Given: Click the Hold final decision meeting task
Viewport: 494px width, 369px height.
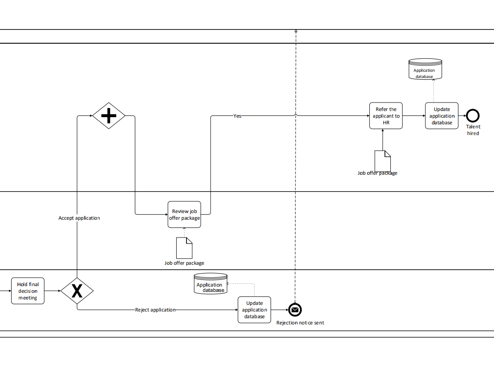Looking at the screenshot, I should [x=28, y=291].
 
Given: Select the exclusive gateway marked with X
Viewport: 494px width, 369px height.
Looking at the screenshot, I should [x=77, y=291].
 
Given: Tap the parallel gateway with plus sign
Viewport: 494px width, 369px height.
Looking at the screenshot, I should [x=109, y=116].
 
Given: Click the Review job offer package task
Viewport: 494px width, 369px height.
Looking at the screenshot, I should [x=184, y=214].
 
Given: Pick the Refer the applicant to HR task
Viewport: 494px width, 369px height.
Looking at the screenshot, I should [x=386, y=116].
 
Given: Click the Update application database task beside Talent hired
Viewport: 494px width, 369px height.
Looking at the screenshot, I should [x=441, y=116].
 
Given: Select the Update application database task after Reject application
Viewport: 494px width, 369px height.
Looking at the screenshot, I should [x=254, y=310].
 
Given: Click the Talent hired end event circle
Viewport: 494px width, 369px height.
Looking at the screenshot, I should [x=473, y=116].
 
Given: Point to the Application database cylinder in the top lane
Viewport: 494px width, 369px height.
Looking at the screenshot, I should [x=425, y=70].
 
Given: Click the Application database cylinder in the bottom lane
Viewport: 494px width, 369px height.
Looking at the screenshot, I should [x=211, y=284].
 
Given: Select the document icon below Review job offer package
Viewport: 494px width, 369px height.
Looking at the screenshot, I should [x=184, y=248].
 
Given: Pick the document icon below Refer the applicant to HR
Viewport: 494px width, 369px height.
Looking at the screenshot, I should [x=382, y=160].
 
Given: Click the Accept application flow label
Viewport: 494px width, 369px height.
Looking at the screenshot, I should [x=79, y=218].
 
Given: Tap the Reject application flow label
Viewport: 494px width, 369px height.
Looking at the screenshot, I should [x=155, y=310].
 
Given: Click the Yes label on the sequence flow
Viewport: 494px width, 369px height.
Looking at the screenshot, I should [x=238, y=116].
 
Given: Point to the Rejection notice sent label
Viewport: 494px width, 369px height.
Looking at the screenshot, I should [x=300, y=323].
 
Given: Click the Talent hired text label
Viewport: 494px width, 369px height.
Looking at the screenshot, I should [x=473, y=130].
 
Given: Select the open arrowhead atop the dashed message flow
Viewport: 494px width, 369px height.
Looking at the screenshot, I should [x=296, y=31].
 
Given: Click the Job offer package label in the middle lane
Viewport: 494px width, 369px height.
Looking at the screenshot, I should [x=184, y=263].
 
